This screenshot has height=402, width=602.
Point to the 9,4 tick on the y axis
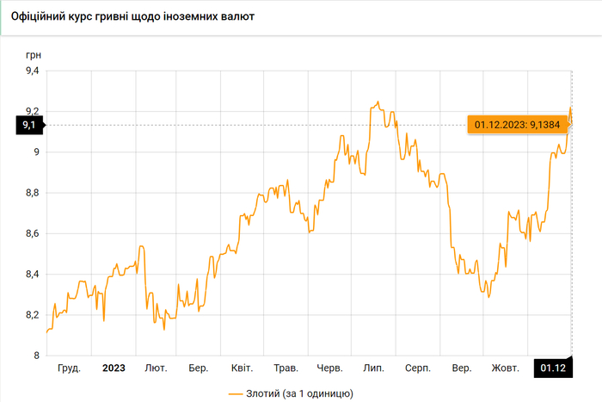pos(31,71)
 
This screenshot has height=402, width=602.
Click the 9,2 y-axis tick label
pos(31,111)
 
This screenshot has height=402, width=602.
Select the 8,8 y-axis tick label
pos(31,193)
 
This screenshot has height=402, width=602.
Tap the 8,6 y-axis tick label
pos(31,233)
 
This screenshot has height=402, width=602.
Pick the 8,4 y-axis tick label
pos(31,275)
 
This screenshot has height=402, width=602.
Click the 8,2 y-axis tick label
pos(31,315)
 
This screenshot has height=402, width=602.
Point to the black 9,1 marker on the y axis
pos(28,126)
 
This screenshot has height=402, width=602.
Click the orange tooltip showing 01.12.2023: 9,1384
pos(516,126)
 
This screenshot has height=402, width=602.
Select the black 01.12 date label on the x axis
pos(553,368)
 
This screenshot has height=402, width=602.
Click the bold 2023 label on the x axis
pos(114,368)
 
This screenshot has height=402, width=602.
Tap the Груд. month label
pos(69,368)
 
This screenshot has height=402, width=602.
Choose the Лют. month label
pos(156,368)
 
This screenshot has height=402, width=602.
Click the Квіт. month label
pos(243,368)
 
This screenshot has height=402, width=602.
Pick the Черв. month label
pos(330,368)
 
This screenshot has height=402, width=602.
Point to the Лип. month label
pos(373,368)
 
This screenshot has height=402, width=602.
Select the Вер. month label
pos(461,368)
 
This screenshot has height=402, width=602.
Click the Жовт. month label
pos(505,368)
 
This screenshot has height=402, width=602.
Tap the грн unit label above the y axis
pos(34,54)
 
